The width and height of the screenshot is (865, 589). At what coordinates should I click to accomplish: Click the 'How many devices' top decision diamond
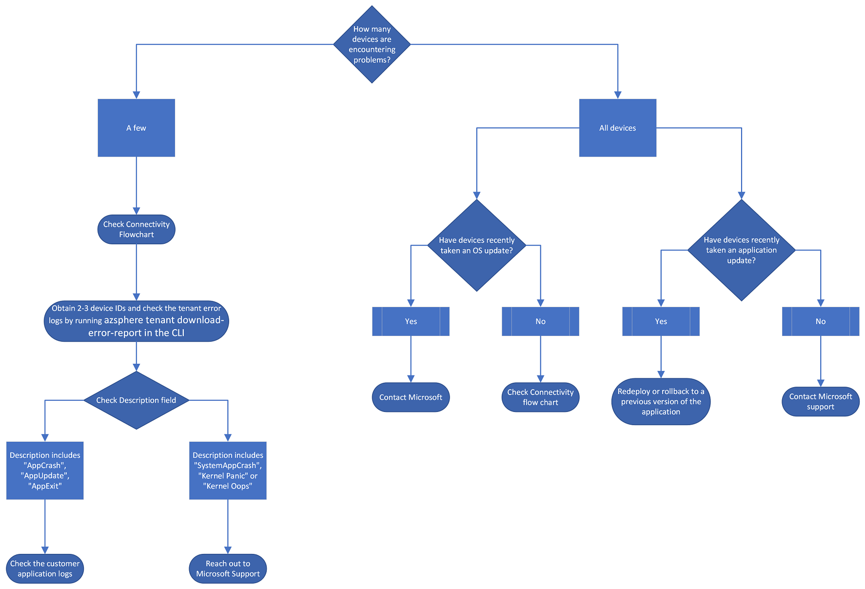pos(372,44)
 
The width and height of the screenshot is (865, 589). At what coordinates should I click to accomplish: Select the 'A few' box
pos(136,128)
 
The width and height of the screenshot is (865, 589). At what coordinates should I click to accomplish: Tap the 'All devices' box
pos(617,128)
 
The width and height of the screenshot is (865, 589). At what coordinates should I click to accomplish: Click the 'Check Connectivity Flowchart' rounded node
pos(136,229)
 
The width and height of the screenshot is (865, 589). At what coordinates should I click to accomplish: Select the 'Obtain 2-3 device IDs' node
pos(136,321)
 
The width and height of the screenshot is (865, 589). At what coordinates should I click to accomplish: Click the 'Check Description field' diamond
pos(136,400)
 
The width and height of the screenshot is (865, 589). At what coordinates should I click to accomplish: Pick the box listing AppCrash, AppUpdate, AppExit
pos(45,471)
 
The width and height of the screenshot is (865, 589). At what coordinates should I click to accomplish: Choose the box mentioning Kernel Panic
pos(228,471)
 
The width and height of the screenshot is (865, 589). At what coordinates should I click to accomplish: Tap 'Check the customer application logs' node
pos(45,569)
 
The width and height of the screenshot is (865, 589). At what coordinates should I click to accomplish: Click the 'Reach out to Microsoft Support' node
pos(228,569)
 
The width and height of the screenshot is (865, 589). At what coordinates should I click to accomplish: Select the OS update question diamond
pos(476,245)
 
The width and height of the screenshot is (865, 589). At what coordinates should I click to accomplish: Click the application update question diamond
pos(741,250)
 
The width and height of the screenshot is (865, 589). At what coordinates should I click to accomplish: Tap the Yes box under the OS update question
pos(411,321)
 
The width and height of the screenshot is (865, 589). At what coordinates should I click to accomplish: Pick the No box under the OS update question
pos(540,321)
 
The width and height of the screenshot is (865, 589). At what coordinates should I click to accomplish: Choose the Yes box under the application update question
pos(661,321)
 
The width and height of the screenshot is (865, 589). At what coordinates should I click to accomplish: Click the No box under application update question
pos(820,321)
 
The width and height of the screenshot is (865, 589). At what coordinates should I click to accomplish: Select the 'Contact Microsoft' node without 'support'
pos(411,397)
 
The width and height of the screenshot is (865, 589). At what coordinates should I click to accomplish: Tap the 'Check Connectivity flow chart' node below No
pos(540,397)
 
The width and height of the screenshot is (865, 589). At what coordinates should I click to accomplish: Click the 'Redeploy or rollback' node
pos(661,401)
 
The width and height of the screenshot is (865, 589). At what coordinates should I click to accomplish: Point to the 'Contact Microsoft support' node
pos(820,402)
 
